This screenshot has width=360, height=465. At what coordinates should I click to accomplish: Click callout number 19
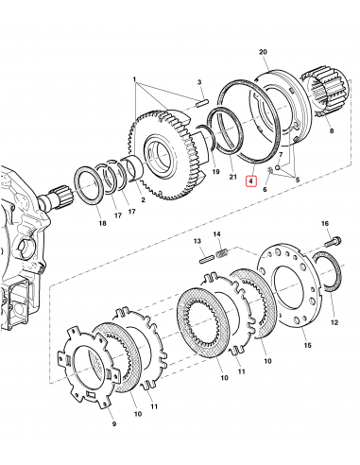[x=215, y=175]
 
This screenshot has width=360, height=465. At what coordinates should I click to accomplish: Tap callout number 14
[x=216, y=233]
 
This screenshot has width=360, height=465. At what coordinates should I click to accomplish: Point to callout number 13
[x=200, y=242]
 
